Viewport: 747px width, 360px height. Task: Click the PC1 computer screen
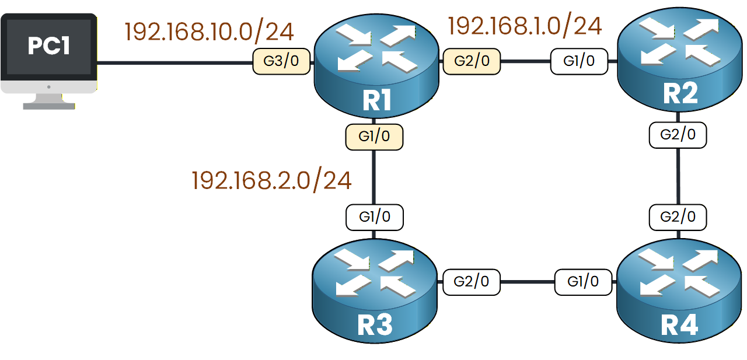click(48, 47)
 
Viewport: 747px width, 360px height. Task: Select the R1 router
click(376, 70)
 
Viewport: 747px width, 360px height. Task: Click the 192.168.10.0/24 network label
click(209, 32)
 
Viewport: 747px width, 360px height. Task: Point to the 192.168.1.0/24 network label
click(524, 26)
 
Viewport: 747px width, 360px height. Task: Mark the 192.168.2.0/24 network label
click(271, 181)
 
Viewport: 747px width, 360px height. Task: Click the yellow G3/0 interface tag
click(281, 61)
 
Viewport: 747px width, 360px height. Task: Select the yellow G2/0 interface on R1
click(472, 61)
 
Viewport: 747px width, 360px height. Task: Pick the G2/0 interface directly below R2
click(678, 135)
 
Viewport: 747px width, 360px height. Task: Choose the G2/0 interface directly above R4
click(678, 217)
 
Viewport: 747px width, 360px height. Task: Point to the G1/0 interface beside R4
click(584, 282)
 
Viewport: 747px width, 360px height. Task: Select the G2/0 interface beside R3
click(472, 282)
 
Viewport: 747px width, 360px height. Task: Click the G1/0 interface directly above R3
click(374, 217)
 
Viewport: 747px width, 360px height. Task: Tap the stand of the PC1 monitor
click(49, 102)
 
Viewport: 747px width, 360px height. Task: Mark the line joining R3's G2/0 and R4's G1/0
click(528, 282)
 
